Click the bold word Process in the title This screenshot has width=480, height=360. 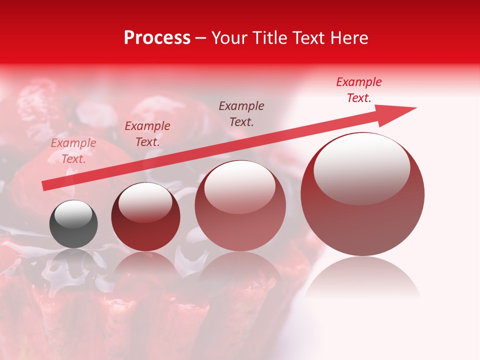pos(157,38)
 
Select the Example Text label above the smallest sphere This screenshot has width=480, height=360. pos(73,150)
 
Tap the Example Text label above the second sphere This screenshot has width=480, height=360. pos(147,133)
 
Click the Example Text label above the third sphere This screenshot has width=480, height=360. pos(241,113)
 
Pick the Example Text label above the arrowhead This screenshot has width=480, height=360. pos(359,89)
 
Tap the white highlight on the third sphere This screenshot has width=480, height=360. pos(240,186)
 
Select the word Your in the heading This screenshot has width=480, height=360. pos(229,38)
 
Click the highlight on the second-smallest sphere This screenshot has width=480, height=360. pos(145,202)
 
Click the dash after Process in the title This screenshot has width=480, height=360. pos(200,38)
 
